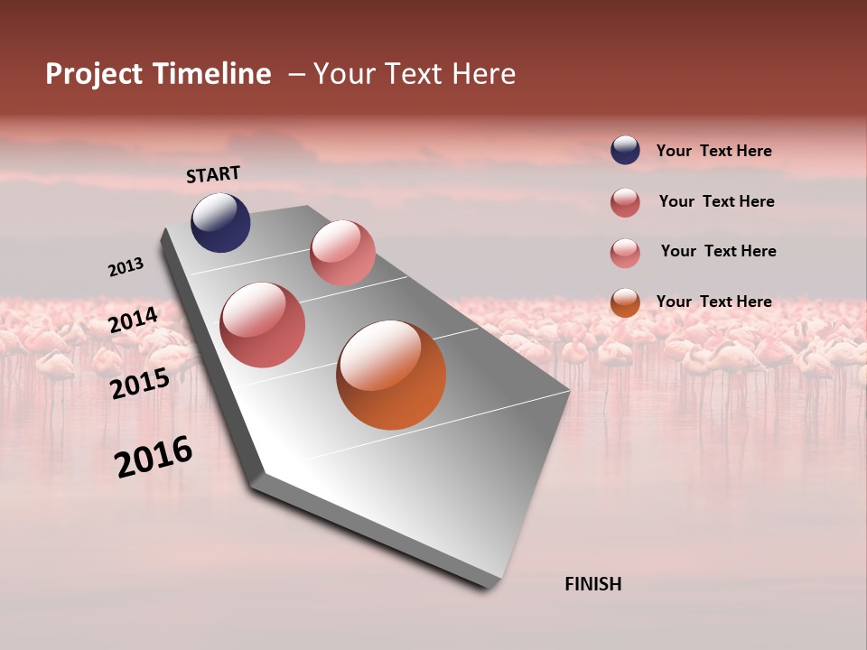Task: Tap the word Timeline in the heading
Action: tap(210, 74)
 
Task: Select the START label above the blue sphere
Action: tap(213, 174)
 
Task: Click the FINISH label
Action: tap(592, 584)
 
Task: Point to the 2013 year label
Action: tap(126, 267)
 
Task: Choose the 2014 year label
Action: tap(134, 320)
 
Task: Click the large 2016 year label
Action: tap(154, 457)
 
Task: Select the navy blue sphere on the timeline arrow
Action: tap(220, 223)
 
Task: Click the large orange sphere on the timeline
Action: tap(391, 375)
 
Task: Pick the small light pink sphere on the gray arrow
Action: tap(342, 253)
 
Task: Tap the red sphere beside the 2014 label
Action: tap(263, 325)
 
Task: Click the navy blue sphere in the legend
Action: tap(625, 150)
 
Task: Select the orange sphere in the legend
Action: tap(625, 302)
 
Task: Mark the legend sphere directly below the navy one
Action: tap(625, 202)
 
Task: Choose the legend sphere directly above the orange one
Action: tap(625, 253)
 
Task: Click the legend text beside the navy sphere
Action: tap(713, 152)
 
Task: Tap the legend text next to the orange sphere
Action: tap(713, 302)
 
